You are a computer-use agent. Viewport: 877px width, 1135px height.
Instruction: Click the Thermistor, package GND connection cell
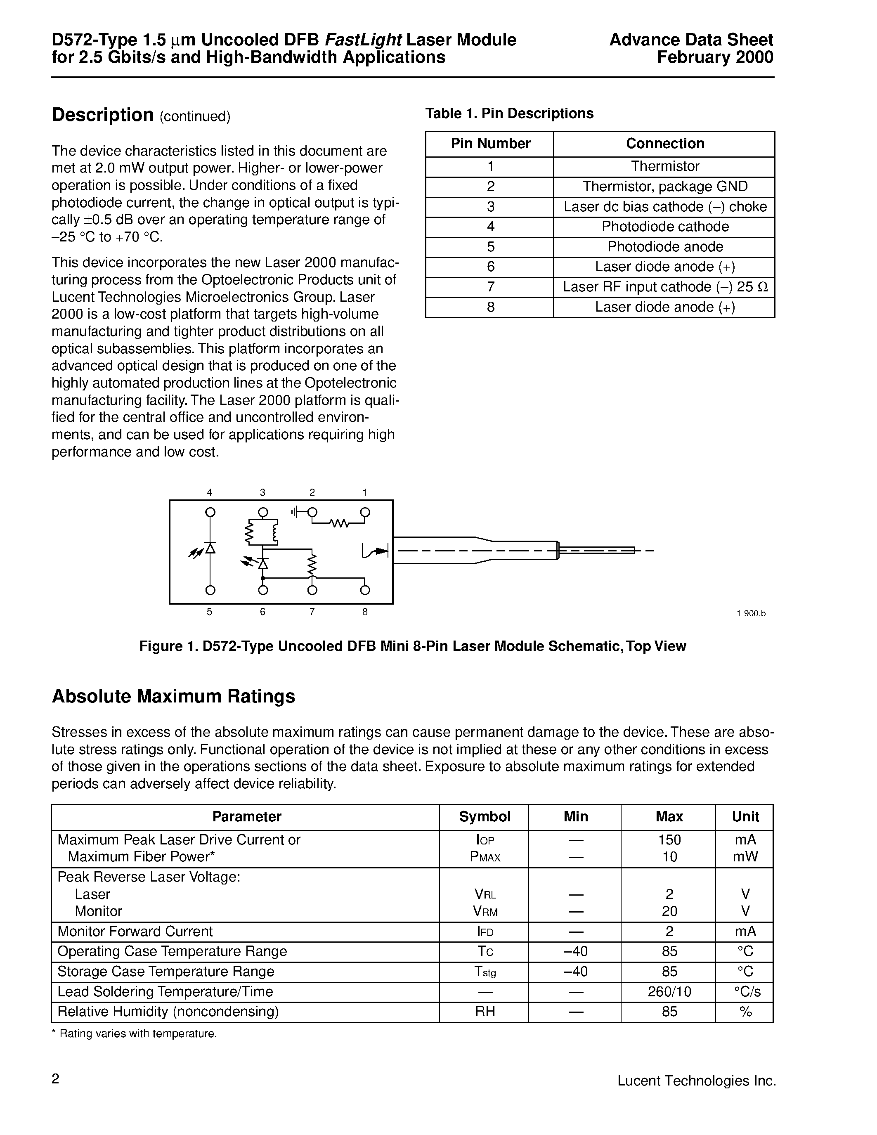pyautogui.click(x=664, y=187)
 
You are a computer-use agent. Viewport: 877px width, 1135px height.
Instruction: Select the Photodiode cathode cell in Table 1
pyautogui.click(x=664, y=227)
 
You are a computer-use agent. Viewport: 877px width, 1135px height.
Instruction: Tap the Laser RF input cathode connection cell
pyautogui.click(x=664, y=287)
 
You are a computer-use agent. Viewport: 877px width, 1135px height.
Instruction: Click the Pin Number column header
pyautogui.click(x=490, y=144)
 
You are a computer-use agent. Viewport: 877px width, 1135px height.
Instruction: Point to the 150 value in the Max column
pyautogui.click(x=669, y=840)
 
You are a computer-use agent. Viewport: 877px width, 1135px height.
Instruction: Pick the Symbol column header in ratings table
pyautogui.click(x=485, y=816)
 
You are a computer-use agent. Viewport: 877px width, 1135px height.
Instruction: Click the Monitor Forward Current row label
pyautogui.click(x=135, y=931)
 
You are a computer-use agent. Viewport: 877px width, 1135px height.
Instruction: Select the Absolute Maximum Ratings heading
pyautogui.click(x=173, y=696)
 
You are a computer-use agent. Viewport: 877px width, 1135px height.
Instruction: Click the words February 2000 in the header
pyautogui.click(x=715, y=57)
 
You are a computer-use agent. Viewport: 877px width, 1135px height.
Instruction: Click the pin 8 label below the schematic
pyautogui.click(x=365, y=612)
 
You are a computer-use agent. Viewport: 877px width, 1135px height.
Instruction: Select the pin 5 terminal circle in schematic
pyautogui.click(x=210, y=590)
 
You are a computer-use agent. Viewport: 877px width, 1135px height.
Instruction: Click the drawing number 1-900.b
pyautogui.click(x=751, y=613)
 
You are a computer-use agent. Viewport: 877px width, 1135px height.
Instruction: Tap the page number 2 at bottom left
pyautogui.click(x=56, y=1079)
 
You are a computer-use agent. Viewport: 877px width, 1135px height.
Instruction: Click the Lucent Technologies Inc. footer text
pyautogui.click(x=696, y=1081)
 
